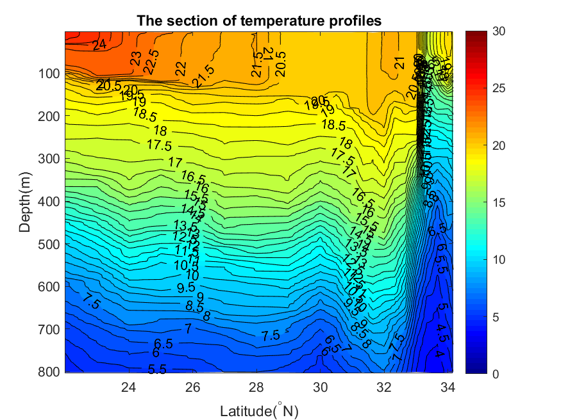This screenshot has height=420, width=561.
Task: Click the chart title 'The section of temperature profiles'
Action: (259, 20)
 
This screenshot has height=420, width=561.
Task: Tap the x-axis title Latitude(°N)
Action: (259, 410)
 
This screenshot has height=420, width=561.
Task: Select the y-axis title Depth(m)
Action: (25, 202)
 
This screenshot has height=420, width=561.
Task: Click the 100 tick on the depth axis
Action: (51, 74)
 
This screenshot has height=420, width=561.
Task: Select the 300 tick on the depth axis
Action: (51, 159)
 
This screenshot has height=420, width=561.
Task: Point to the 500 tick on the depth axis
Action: (51, 244)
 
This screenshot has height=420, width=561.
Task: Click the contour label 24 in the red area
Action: (99, 45)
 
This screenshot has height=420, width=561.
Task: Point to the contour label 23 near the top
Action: (136, 59)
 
